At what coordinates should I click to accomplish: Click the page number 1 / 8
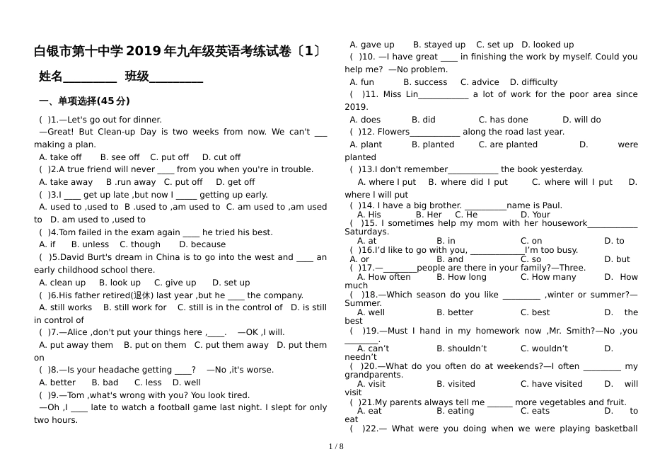pyautogui.click(x=336, y=446)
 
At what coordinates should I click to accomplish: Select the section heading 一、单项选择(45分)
pyautogui.click(x=84, y=101)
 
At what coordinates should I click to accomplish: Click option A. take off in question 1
pyautogui.click(x=61, y=157)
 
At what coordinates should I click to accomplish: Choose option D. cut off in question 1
pyautogui.click(x=221, y=157)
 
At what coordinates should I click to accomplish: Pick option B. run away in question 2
pyautogui.click(x=131, y=182)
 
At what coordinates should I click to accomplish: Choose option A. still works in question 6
pyautogui.click(x=66, y=307)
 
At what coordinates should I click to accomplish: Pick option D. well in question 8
pyautogui.click(x=187, y=382)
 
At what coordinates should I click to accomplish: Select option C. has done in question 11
pyautogui.click(x=503, y=120)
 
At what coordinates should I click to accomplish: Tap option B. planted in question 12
pyautogui.click(x=433, y=144)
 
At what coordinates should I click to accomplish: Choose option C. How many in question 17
pyautogui.click(x=548, y=277)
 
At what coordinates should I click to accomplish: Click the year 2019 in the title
pyautogui.click(x=144, y=52)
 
